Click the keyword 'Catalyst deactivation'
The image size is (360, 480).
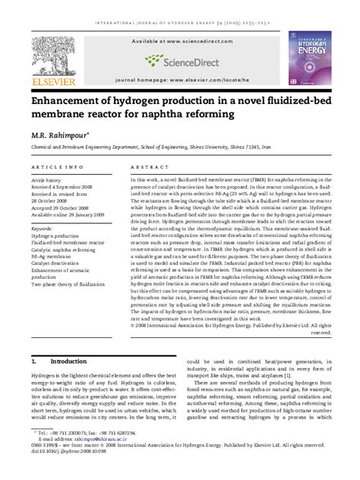pyautogui.click(x=64, y=263)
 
